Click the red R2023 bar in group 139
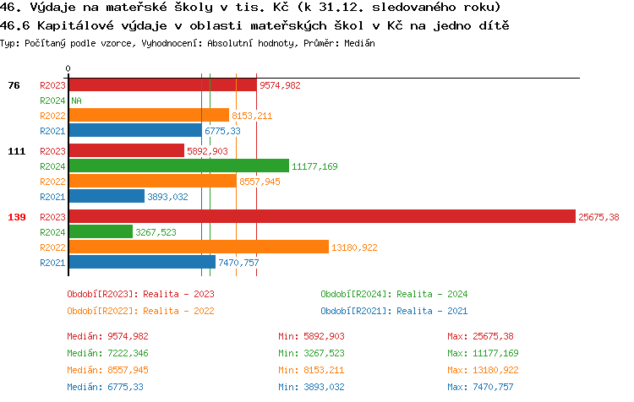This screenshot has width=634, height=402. (x=321, y=216)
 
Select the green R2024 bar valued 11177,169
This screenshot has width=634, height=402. (x=178, y=166)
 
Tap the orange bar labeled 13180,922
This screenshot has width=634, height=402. (x=198, y=247)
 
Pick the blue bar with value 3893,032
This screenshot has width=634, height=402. (x=107, y=197)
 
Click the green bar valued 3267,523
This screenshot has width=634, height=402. (x=101, y=231)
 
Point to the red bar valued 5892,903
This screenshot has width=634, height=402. (x=126, y=151)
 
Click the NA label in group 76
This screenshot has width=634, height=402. (x=76, y=100)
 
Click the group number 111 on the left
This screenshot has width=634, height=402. (x=16, y=151)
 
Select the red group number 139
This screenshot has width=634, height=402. (x=16, y=217)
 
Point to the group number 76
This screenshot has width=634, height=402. (x=14, y=85)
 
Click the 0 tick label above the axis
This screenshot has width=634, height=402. (x=68, y=68)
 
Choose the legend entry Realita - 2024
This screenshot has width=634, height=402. (x=394, y=294)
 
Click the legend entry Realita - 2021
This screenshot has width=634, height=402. (x=394, y=311)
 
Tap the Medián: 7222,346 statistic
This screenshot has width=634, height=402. (x=107, y=353)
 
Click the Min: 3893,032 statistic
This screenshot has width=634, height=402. (x=312, y=387)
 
